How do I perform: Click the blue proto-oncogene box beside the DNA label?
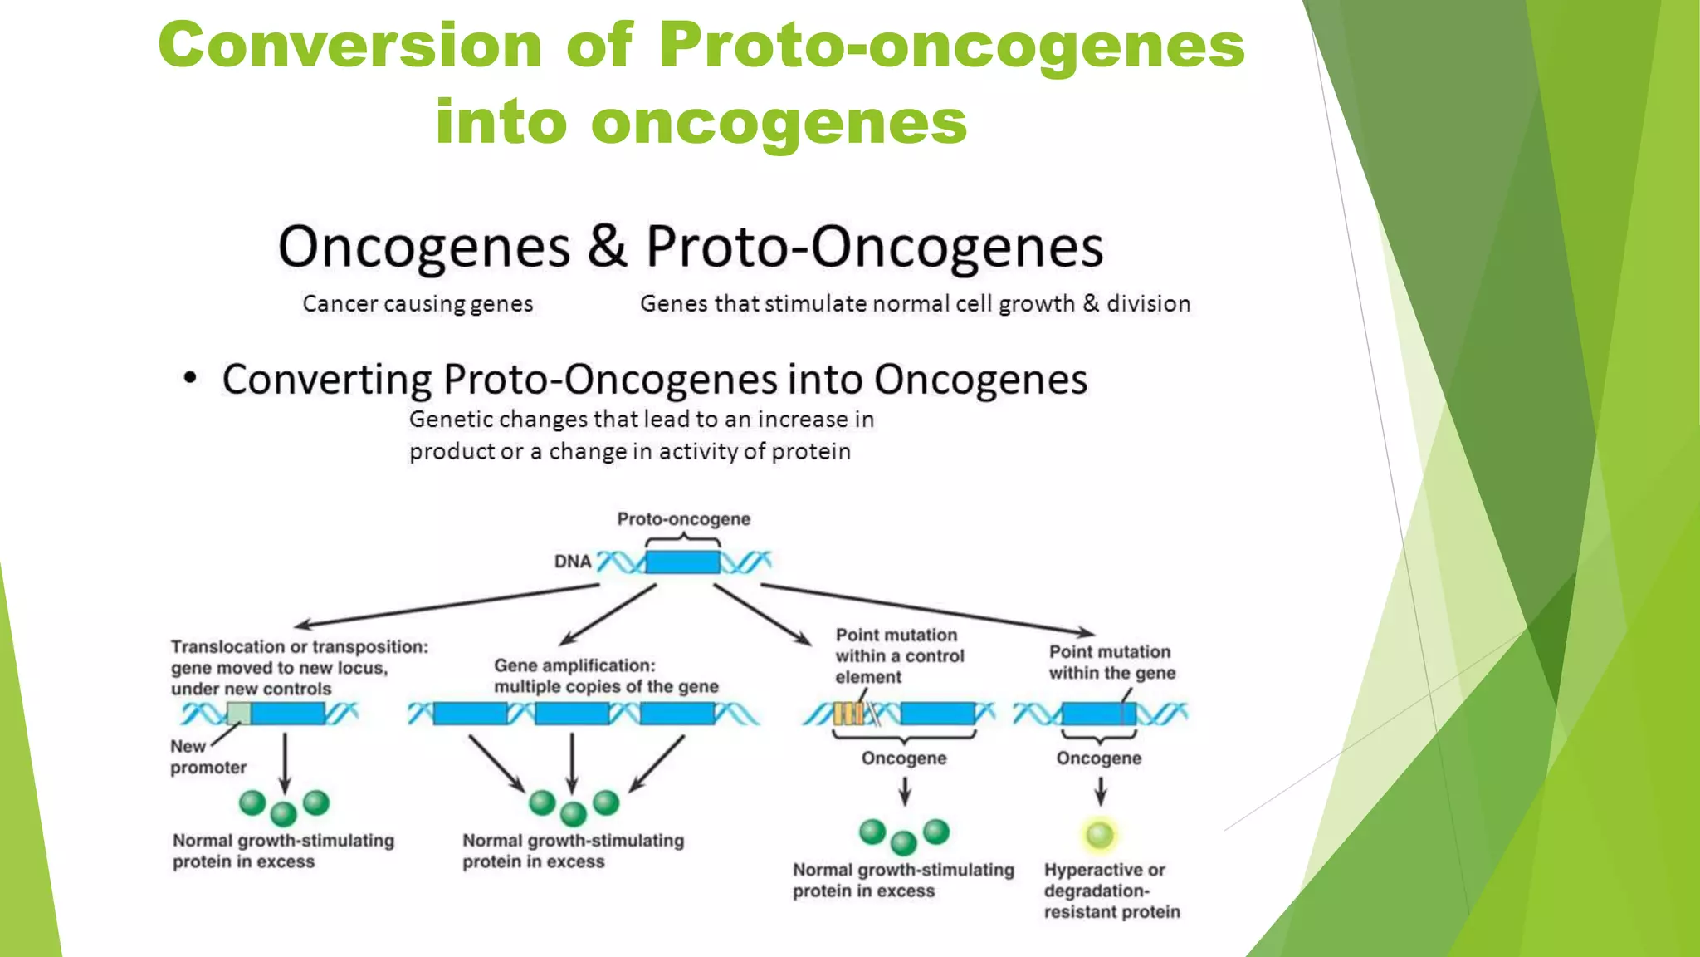click(x=682, y=562)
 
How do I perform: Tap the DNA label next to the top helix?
click(x=573, y=562)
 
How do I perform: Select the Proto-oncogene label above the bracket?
click(x=683, y=519)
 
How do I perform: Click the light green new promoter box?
click(x=238, y=713)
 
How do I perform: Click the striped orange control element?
click(x=848, y=713)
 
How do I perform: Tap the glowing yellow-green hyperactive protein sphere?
click(x=1100, y=834)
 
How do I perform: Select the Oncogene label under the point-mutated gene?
click(x=1098, y=758)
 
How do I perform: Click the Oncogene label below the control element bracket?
click(x=903, y=758)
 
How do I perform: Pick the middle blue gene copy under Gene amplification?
click(x=571, y=713)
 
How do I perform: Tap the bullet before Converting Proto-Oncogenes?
click(x=190, y=379)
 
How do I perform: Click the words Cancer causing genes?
click(x=418, y=303)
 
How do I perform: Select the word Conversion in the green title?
click(x=349, y=45)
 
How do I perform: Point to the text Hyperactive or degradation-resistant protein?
click(x=1111, y=891)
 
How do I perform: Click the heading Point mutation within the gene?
click(x=1111, y=662)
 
